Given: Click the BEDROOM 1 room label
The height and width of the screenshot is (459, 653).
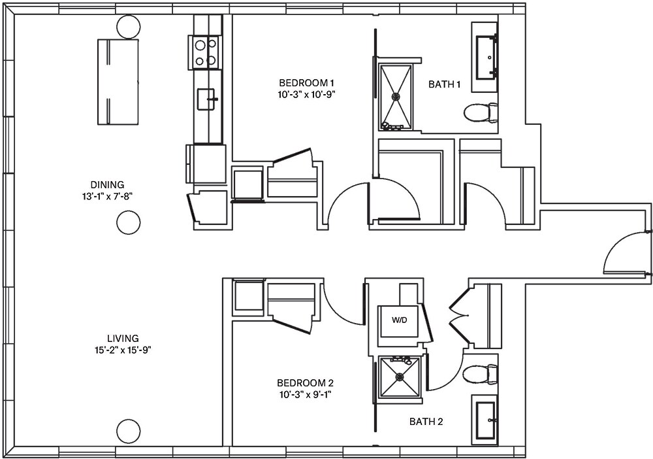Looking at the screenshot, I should click(307, 83).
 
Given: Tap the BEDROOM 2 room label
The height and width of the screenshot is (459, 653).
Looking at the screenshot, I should click(306, 382).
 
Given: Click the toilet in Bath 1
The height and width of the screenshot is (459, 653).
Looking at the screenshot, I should click(481, 114).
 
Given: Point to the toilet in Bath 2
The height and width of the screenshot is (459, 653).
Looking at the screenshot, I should click(480, 375).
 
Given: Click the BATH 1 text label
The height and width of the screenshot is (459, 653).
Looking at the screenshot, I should click(445, 84).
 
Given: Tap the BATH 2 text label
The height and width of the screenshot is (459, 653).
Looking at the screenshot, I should click(426, 422).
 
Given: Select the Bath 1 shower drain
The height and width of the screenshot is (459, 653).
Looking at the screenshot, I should click(396, 96).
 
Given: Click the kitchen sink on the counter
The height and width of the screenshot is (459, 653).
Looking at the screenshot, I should click(208, 99).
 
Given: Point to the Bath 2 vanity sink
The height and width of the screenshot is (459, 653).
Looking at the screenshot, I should click(485, 419).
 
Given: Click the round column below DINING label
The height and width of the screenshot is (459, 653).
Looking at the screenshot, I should click(129, 223).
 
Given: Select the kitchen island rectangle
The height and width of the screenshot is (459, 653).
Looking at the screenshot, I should click(118, 82).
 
